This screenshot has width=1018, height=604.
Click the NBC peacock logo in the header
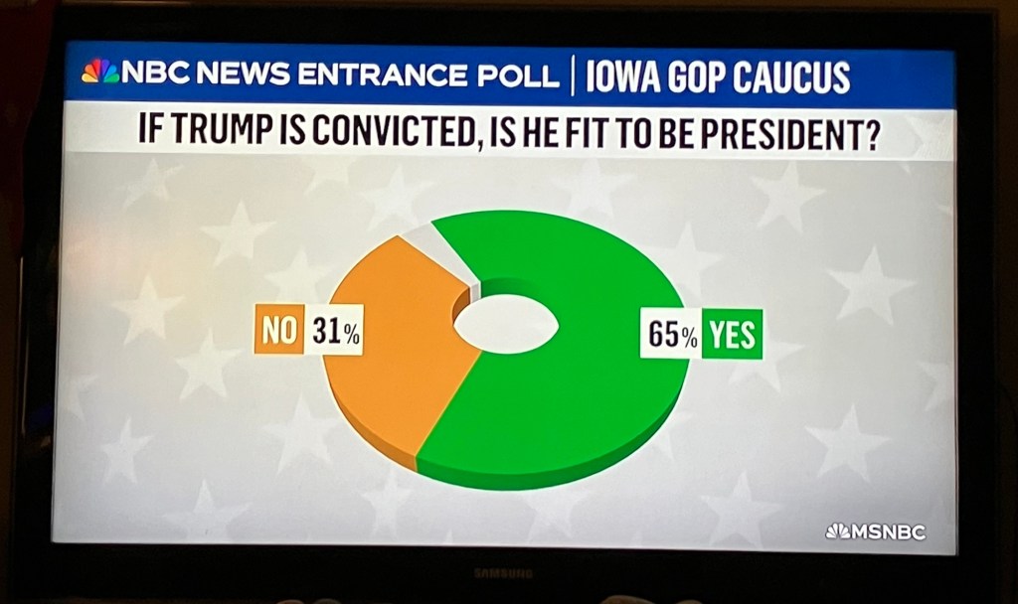98,72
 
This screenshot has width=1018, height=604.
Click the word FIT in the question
594,132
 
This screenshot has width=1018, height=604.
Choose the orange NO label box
278,332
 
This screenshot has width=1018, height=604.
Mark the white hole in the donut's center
506,324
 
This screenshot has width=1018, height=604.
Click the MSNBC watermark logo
875,531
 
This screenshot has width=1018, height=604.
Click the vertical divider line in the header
573,75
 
